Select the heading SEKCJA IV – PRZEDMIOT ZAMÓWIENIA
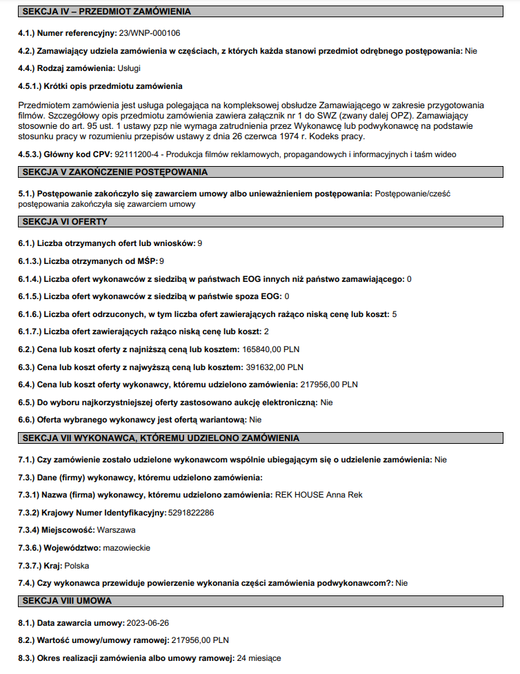106,12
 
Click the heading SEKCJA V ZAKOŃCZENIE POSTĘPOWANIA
114,172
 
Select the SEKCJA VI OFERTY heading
65,222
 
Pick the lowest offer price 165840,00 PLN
271,349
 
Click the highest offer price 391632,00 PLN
274,367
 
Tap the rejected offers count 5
394,314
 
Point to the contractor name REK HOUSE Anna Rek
318,495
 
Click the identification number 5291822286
191,513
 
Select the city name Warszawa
117,530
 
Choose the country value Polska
77,565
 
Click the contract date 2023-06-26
148,623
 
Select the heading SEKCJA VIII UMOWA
67,601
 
